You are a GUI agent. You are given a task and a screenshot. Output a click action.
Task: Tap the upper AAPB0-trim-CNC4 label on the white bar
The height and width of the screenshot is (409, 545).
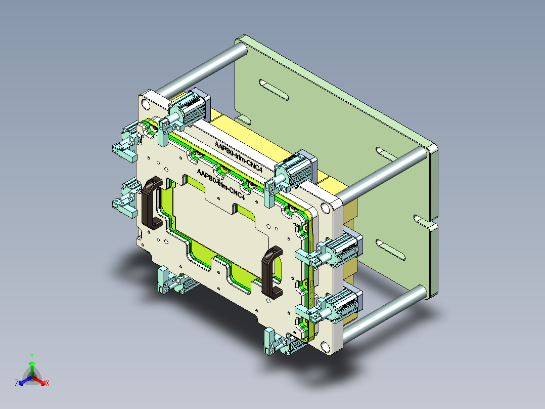coord(239,156)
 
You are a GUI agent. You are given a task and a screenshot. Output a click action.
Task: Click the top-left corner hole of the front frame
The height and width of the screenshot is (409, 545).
coord(146,104)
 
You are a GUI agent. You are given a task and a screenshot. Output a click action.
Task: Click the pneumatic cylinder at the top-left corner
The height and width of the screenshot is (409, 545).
coord(190,107)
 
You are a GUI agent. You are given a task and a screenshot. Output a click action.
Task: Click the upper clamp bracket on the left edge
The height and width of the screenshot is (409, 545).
coord(125,142)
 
